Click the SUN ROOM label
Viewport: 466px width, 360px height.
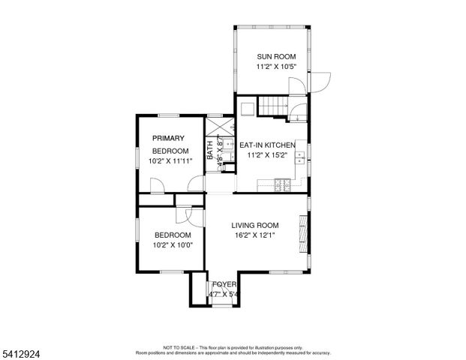(x=275, y=56)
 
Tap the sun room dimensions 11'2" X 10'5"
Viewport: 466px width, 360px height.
(x=275, y=67)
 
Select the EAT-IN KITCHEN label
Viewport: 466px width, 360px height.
(x=266, y=145)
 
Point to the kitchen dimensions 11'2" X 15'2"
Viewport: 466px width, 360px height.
(x=267, y=155)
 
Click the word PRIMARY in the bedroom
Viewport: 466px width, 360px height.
(x=168, y=138)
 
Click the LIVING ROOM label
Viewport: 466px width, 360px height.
(x=254, y=225)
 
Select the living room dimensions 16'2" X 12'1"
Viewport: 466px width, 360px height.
(x=254, y=235)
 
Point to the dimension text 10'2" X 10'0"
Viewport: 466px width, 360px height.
(x=172, y=244)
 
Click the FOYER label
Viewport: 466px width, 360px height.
(x=224, y=284)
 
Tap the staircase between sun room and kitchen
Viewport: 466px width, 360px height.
(x=274, y=106)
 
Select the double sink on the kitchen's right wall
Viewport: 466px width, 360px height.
(x=299, y=157)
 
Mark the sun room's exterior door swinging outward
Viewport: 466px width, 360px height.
(x=320, y=82)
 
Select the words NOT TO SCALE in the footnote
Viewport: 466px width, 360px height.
(x=179, y=348)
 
